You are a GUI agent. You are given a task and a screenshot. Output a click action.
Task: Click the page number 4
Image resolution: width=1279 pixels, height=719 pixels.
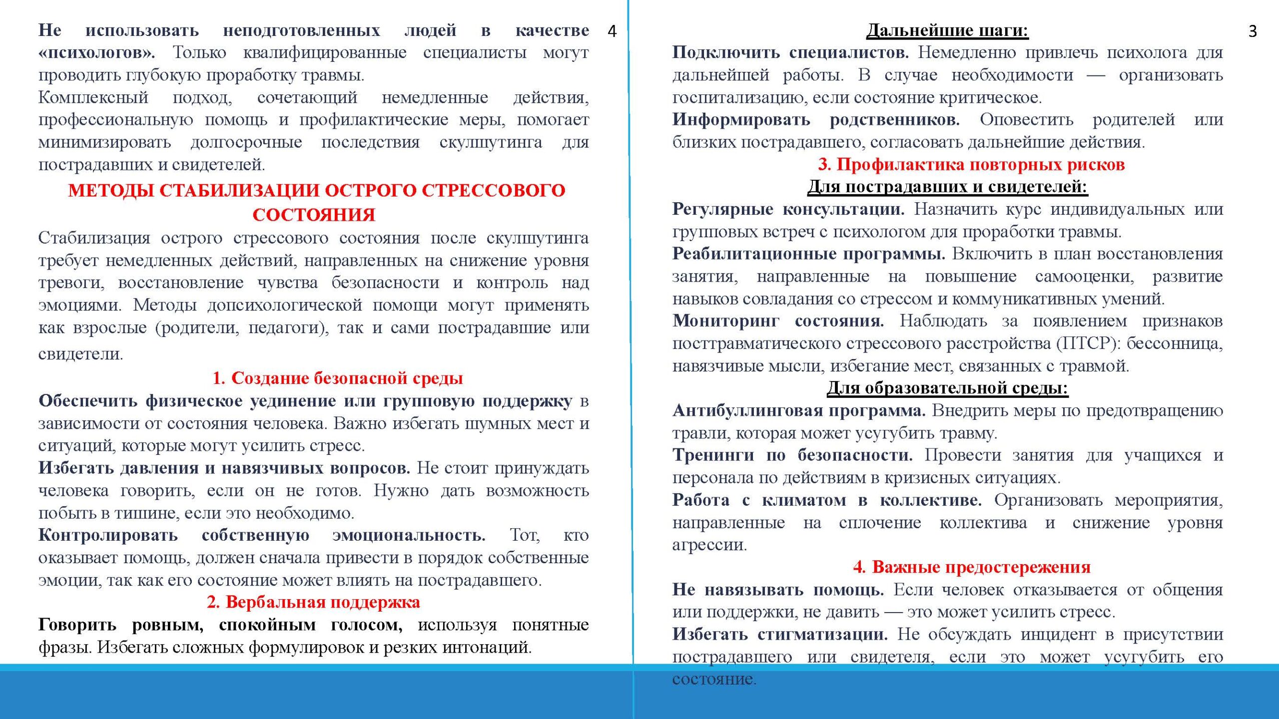[612, 31]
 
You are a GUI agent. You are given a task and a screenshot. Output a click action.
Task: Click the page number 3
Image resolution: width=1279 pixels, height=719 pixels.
[1253, 31]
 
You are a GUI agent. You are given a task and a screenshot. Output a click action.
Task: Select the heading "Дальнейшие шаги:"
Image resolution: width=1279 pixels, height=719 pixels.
[947, 30]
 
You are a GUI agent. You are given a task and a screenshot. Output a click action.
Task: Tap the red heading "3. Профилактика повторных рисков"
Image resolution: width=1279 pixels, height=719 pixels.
[971, 164]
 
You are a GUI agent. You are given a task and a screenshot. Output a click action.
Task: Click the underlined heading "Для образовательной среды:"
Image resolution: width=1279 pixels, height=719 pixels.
[947, 388]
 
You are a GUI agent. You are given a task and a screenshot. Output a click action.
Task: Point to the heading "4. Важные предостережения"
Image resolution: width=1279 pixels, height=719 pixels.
[972, 567]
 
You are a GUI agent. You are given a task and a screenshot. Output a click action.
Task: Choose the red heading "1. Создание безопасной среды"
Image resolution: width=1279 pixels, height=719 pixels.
[338, 378]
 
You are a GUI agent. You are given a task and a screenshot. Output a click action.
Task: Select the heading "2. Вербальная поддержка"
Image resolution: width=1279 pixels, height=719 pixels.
[313, 603]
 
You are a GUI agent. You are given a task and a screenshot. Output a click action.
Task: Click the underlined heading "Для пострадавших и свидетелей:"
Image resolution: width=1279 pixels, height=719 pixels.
[947, 187]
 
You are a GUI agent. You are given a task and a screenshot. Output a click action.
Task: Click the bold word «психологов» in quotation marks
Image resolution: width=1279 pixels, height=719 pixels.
[96, 53]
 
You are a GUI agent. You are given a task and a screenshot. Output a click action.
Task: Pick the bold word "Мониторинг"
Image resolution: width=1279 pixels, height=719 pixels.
[725, 321]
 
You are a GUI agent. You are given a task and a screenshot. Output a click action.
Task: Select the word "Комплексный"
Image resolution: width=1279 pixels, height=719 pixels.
[93, 97]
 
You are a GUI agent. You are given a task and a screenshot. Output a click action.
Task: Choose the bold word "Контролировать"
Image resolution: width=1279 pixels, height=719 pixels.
[108, 535]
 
